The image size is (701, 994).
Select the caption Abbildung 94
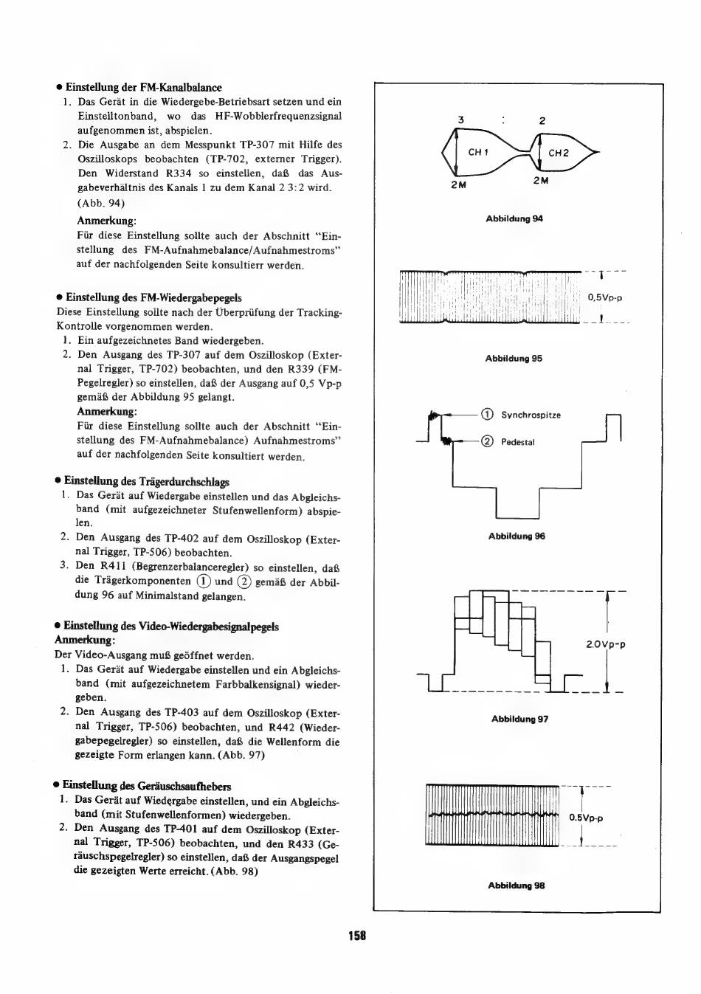point(514,218)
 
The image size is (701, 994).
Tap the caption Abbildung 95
point(514,359)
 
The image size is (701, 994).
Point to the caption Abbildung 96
point(517,536)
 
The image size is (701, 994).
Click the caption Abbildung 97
point(519,719)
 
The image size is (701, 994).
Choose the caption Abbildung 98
point(517,886)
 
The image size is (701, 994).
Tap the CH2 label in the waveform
point(559,153)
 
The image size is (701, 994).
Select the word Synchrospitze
point(531,415)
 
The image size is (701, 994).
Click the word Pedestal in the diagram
point(518,443)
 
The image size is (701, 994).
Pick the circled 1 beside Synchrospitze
point(487,415)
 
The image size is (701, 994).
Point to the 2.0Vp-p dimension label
point(606,644)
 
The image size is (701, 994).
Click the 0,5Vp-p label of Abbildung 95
point(605,298)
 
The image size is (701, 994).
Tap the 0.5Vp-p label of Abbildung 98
point(587,818)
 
